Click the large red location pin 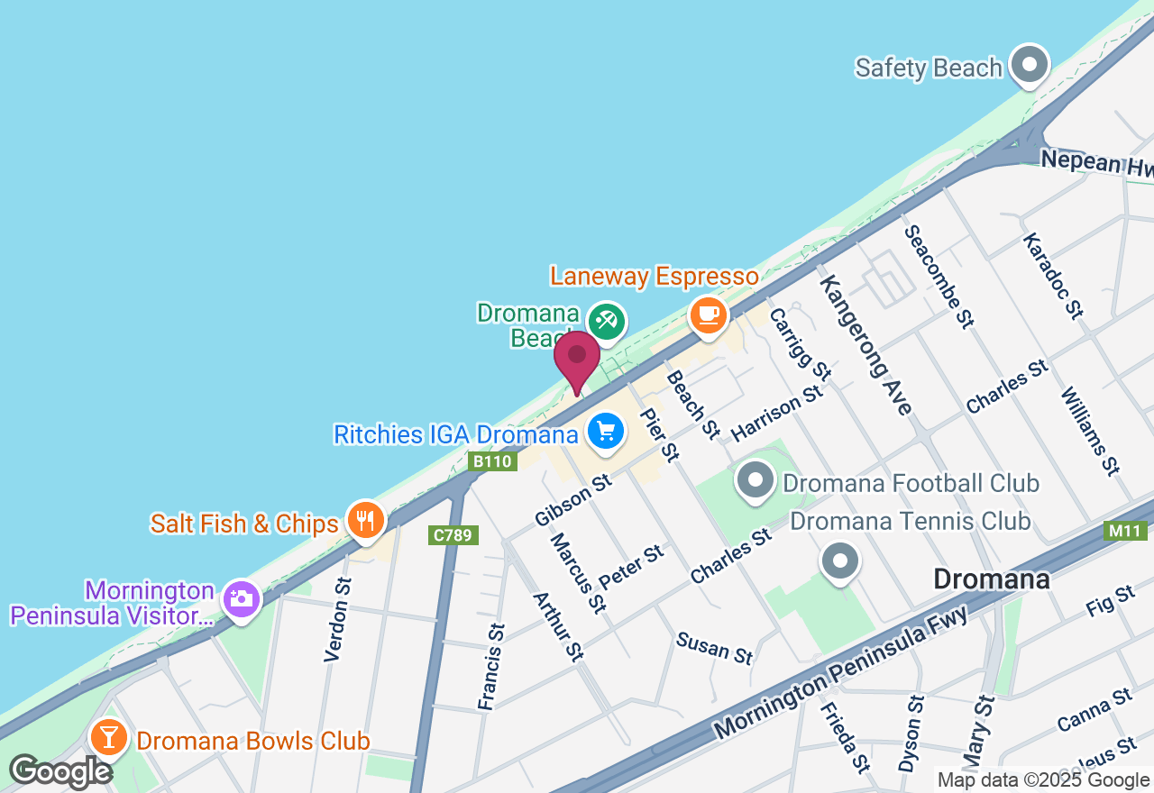[577, 358]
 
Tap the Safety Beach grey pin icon [1029, 65]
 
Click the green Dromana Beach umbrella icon [607, 321]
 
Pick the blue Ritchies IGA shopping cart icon [606, 431]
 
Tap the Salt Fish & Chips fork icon [365, 521]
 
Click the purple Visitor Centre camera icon [240, 599]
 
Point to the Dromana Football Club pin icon [755, 480]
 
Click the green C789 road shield [453, 535]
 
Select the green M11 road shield [1126, 531]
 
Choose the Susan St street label [715, 647]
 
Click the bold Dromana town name [992, 579]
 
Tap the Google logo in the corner [60, 771]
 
